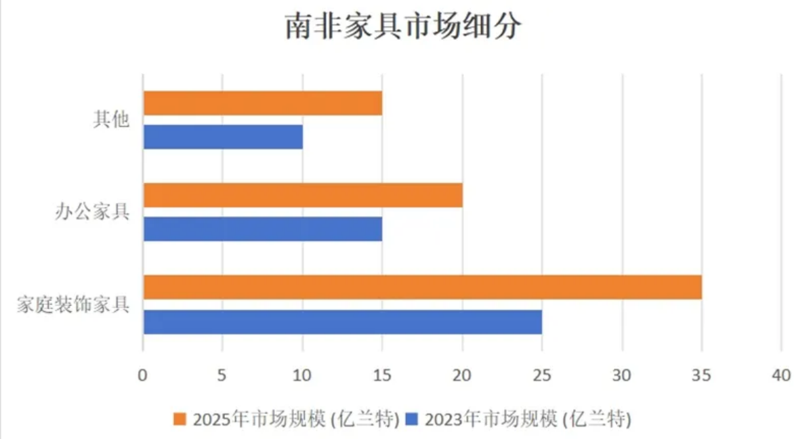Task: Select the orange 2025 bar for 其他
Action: [263, 103]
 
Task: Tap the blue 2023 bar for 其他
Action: [223, 137]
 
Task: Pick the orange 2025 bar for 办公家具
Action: [303, 195]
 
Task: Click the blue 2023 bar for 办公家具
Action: [263, 229]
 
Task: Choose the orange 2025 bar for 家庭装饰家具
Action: [422, 287]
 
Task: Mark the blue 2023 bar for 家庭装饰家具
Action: [342, 322]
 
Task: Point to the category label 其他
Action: [111, 120]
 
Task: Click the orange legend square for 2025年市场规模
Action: [180, 419]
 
